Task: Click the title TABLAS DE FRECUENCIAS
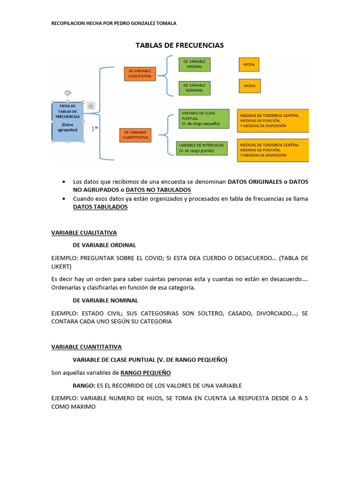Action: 180,45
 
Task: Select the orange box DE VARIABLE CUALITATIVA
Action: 140,74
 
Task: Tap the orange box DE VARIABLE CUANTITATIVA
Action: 135,135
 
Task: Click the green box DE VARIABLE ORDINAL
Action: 194,64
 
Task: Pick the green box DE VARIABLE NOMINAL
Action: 194,88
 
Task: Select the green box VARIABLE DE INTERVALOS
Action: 202,148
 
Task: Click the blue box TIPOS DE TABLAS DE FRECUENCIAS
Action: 67,121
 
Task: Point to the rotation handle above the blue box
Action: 68,93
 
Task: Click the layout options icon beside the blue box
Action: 91,105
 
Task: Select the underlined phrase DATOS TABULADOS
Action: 100,207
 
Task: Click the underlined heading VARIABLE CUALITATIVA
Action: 84,232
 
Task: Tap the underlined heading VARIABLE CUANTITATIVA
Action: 86,347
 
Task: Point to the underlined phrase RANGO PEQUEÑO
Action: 145,373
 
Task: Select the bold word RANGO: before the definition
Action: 83,385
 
